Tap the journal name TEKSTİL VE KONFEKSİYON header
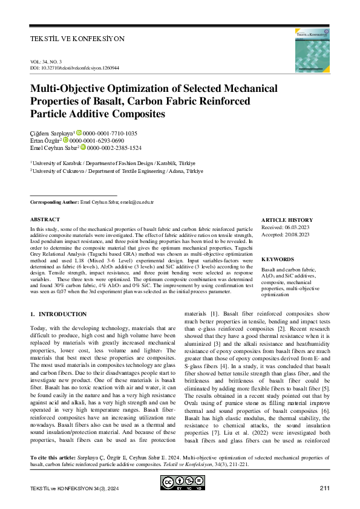pyautogui.click(x=77, y=39)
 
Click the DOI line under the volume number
pyautogui.click(x=74, y=68)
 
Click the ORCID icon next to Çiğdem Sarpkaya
pyautogui.click(x=79, y=133)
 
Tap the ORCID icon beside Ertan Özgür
pyautogui.click(x=67, y=140)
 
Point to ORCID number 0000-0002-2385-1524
pyautogui.click(x=115, y=148)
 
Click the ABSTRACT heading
pyautogui.click(x=45, y=219)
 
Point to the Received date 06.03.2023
pyautogui.click(x=293, y=227)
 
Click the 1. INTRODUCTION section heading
pyautogui.click(x=59, y=314)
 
